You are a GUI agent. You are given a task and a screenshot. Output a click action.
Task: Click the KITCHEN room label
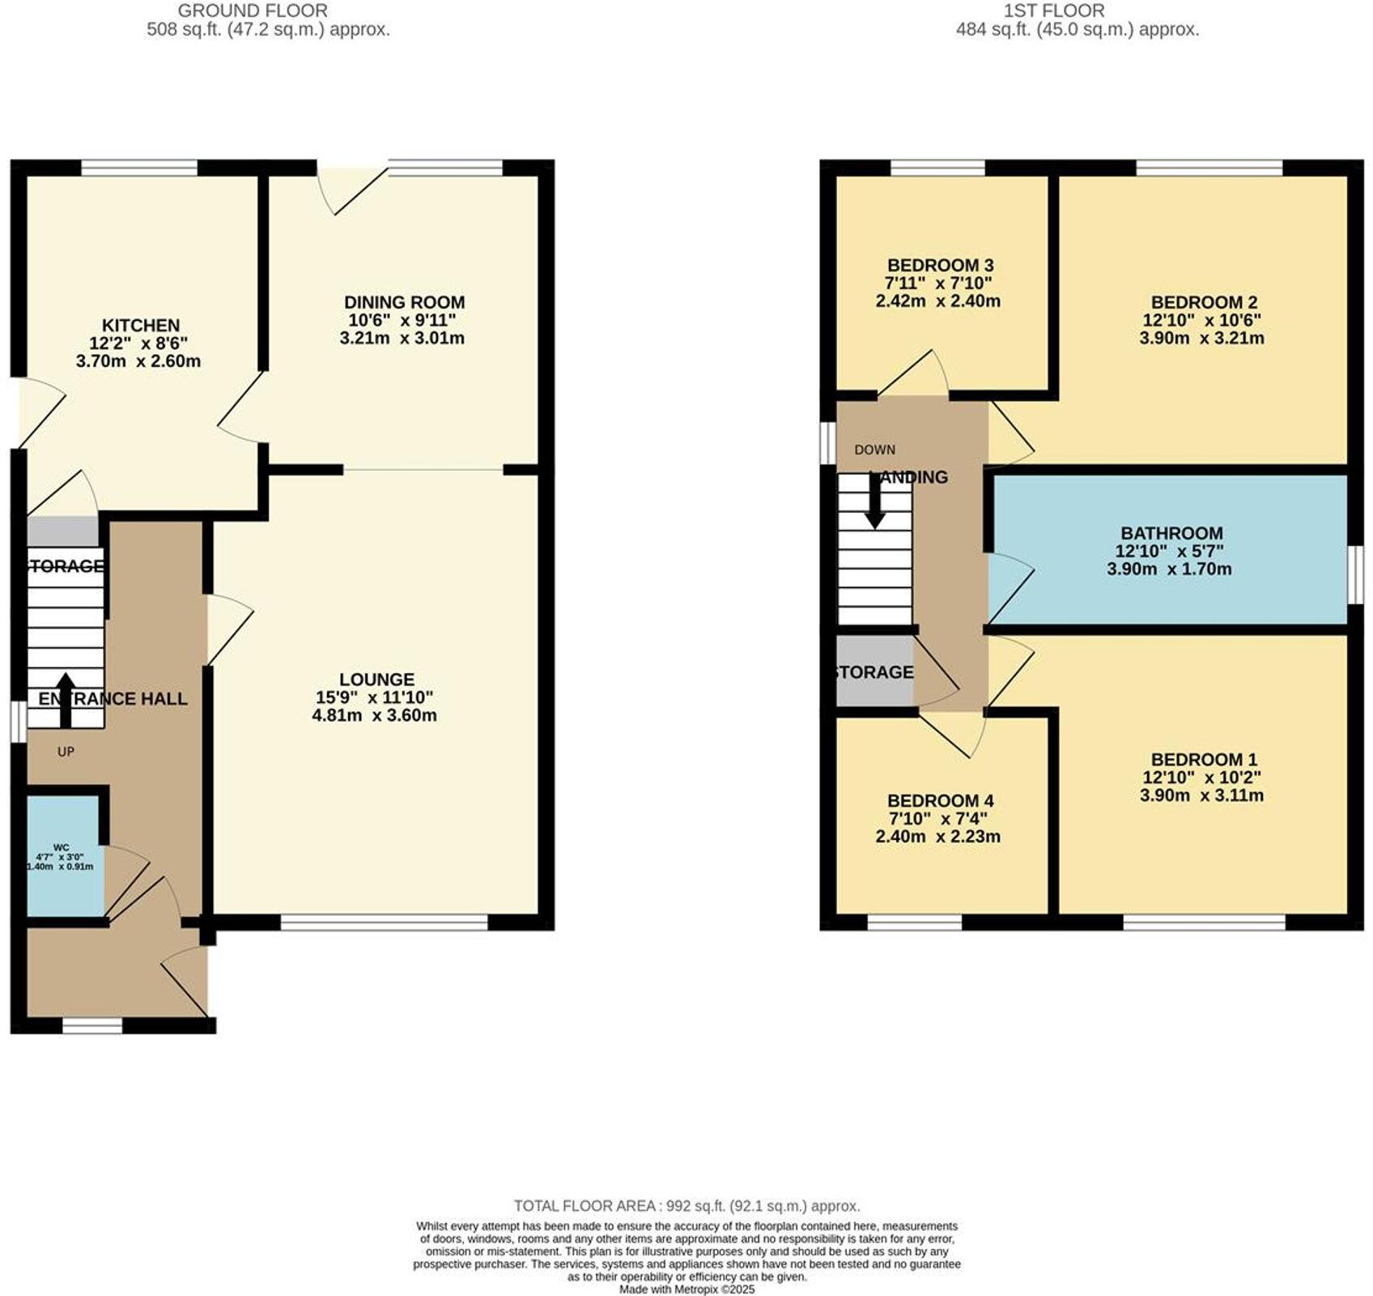[140, 326]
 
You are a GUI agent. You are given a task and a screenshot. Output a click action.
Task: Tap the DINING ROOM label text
[404, 302]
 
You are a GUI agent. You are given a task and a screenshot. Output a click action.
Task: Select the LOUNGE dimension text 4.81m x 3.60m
[374, 715]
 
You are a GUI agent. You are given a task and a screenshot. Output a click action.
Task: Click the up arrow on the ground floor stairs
[64, 698]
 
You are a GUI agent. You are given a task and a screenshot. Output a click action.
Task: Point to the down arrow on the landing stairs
[874, 502]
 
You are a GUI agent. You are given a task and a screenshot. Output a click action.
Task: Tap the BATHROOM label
[1171, 533]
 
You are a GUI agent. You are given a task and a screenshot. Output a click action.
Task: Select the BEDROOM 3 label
[940, 266]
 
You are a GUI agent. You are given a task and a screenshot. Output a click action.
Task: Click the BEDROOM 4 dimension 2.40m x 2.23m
[937, 837]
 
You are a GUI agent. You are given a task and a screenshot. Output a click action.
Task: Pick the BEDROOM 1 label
[1203, 759]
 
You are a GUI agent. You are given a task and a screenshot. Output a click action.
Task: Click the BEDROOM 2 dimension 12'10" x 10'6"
[1201, 320]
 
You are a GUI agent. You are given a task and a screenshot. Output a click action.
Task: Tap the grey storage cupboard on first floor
[874, 671]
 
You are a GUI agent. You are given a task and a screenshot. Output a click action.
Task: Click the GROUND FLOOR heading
[252, 11]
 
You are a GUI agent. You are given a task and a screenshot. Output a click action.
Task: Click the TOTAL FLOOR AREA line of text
[686, 1206]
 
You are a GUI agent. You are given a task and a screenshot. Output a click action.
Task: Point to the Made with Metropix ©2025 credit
[686, 1289]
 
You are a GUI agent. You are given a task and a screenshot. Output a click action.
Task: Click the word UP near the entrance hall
[66, 752]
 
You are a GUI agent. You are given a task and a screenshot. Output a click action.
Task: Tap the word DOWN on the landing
[874, 450]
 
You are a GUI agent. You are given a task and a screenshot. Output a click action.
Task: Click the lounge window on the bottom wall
[385, 922]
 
